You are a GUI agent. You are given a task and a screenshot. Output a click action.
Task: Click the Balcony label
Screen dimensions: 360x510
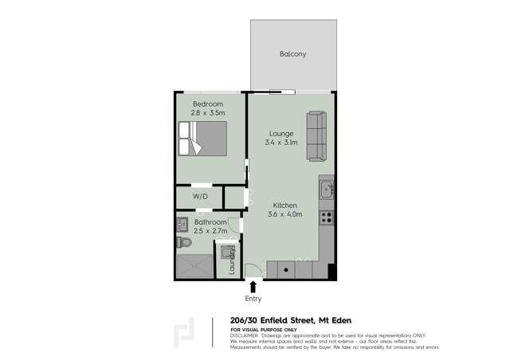click(x=292, y=54)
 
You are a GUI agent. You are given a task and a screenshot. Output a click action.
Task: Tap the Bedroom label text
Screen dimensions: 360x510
click(x=207, y=104)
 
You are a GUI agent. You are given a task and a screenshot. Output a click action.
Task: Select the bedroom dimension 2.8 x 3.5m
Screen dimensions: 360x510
click(x=207, y=114)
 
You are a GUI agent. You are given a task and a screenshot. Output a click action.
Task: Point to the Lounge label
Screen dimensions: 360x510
click(x=281, y=133)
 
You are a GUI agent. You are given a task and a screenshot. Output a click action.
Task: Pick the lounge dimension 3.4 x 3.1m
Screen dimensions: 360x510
click(x=281, y=143)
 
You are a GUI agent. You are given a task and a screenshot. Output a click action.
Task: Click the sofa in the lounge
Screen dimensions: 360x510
click(x=316, y=135)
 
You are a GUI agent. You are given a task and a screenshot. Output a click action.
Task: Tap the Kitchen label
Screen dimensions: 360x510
click(x=284, y=205)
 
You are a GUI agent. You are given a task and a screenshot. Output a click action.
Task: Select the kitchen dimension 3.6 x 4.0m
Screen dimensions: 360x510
click(x=284, y=214)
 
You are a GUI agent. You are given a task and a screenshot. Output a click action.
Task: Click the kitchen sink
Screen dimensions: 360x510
click(x=327, y=190)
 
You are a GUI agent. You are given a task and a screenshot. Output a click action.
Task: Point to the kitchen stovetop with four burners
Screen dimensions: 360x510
click(x=326, y=216)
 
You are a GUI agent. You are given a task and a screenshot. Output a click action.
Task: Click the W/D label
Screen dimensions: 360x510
click(x=201, y=197)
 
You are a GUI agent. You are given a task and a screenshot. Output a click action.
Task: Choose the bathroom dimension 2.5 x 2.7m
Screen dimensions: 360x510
click(x=209, y=231)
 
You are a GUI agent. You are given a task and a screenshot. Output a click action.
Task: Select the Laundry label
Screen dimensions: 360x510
click(x=233, y=261)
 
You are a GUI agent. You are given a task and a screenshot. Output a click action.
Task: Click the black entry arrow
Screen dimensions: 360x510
click(x=253, y=286)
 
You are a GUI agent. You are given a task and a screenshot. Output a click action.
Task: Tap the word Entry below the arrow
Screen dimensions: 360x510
click(x=253, y=299)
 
